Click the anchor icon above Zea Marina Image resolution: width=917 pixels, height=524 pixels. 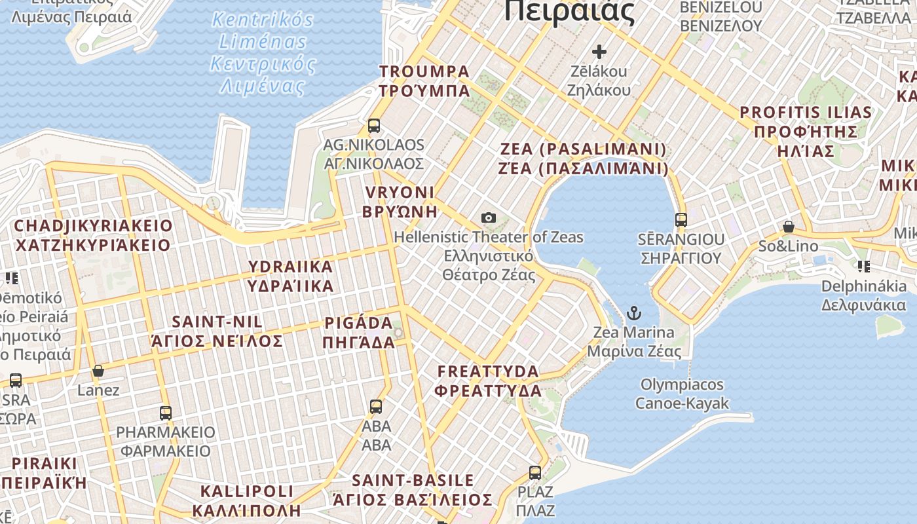pos(633,313)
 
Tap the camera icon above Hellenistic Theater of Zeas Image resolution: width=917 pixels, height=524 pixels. pos(488,217)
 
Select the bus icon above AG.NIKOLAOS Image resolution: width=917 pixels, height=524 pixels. pos(374,125)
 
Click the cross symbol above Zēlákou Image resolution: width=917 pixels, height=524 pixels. pos(599,51)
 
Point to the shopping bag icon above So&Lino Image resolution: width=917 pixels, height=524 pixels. pos(789,227)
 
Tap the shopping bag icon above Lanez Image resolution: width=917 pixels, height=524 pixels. pos(98,371)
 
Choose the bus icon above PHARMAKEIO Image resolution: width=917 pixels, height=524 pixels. pos(166,413)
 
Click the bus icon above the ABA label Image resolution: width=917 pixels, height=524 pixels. pos(376,406)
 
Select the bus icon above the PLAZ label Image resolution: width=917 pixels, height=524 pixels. pos(535,472)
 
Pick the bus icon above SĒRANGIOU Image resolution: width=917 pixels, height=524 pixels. pos(681,219)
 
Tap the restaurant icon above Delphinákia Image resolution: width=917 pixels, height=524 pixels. pos(864,266)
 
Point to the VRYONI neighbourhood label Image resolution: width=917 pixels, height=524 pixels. pos(400,201)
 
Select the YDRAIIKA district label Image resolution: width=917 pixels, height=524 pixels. pos(291,276)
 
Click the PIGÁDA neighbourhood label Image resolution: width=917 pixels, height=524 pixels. pos(359,332)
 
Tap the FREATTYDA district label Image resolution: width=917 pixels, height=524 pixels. pos(489,381)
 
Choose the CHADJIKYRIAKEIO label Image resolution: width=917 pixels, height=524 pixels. pos(93,235)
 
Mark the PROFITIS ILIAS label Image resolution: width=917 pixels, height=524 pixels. pos(806,131)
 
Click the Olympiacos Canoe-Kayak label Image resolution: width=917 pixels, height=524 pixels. pos(682,393)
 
